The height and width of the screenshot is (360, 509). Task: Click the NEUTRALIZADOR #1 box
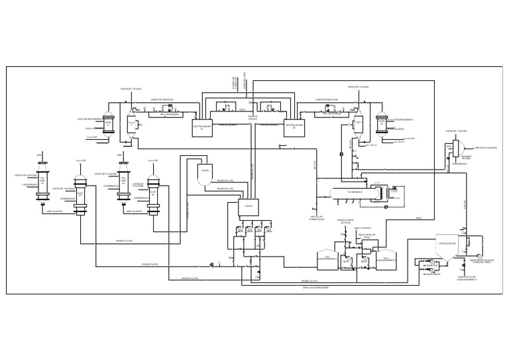coord(202,126)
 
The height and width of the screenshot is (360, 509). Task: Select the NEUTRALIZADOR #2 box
coord(294,126)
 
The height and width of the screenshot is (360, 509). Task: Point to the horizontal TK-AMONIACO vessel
coord(351,193)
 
